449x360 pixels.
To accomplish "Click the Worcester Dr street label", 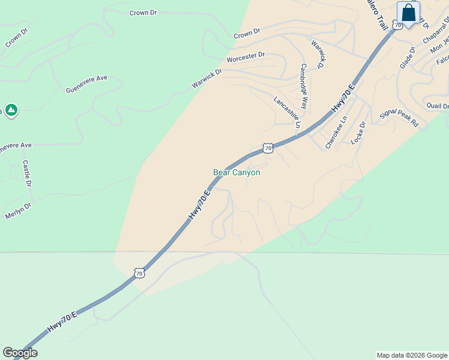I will (x=246, y=57).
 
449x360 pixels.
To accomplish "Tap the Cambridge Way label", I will (x=304, y=86).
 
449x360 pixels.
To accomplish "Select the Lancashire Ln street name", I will (x=287, y=112).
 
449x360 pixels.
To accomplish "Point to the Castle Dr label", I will (x=26, y=173).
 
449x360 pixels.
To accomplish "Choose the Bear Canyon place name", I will (x=237, y=172).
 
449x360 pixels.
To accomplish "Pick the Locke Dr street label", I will (x=358, y=133).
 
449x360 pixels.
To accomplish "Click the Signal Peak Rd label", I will (x=399, y=118).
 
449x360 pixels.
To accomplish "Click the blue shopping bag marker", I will (x=409, y=13).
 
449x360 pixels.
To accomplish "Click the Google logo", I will (x=20, y=353).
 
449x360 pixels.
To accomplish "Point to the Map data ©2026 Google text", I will (x=411, y=355).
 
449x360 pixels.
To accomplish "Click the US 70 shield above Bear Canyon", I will (x=268, y=148).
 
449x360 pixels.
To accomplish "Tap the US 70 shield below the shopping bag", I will (x=397, y=25).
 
